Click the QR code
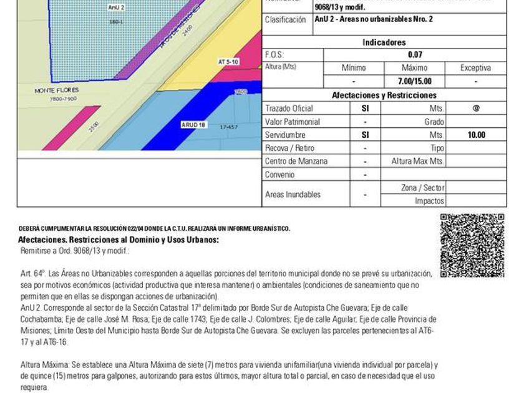pyautogui.click(x=472, y=246)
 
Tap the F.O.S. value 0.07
pyautogui.click(x=415, y=55)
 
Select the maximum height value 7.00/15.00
pyautogui.click(x=415, y=81)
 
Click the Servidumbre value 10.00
pyautogui.click(x=476, y=135)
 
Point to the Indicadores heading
pyautogui.click(x=384, y=42)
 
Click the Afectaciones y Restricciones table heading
pyautogui.click(x=384, y=95)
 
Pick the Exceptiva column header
pyautogui.click(x=475, y=68)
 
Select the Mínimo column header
pyautogui.click(x=354, y=68)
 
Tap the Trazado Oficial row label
pyautogui.click(x=289, y=109)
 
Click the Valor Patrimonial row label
pyautogui.click(x=292, y=122)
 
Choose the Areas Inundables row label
pyautogui.click(x=293, y=195)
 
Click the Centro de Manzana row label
pyautogui.click(x=296, y=161)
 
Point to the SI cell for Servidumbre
pyautogui.click(x=365, y=135)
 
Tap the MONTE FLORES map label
pyautogui.click(x=56, y=90)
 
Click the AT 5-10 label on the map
pyautogui.click(x=228, y=62)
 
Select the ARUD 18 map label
pyautogui.click(x=193, y=125)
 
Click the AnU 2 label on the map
pyautogui.click(x=116, y=7)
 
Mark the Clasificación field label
pyautogui.click(x=285, y=19)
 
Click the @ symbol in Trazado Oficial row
pyautogui.click(x=476, y=109)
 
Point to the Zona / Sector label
pyautogui.click(x=422, y=188)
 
